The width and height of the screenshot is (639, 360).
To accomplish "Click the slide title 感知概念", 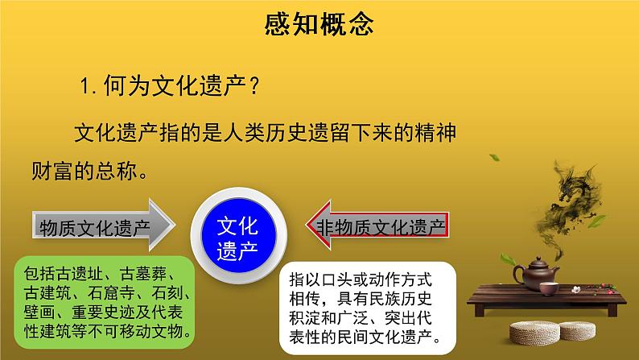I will [x=319, y=25].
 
